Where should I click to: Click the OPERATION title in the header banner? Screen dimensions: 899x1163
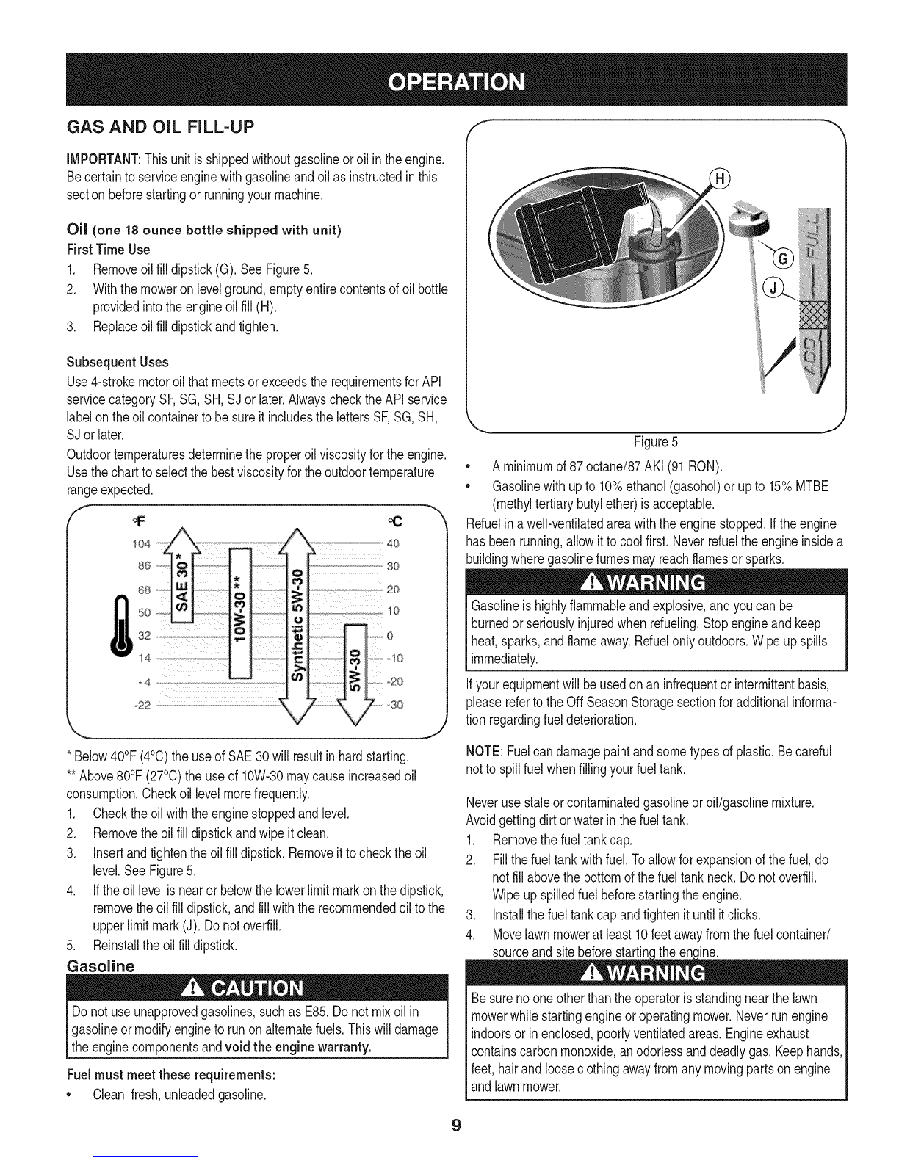point(456,82)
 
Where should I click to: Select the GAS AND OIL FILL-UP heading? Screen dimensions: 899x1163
point(160,127)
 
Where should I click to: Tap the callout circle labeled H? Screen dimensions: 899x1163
point(721,179)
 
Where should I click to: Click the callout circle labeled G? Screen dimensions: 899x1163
point(784,259)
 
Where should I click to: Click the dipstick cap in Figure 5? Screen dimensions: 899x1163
point(749,217)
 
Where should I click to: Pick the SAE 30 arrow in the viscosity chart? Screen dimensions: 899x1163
point(183,576)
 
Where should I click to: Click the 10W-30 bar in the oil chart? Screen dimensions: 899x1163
point(240,613)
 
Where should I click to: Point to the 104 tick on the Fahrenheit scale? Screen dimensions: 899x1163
point(141,544)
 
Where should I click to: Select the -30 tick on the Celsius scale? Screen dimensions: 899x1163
point(394,704)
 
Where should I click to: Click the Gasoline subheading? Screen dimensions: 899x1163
point(101,966)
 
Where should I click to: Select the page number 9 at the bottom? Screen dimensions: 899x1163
point(455,1125)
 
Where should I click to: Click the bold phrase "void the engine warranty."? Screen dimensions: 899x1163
point(298,1046)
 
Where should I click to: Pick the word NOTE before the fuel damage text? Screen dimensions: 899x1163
point(483,751)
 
